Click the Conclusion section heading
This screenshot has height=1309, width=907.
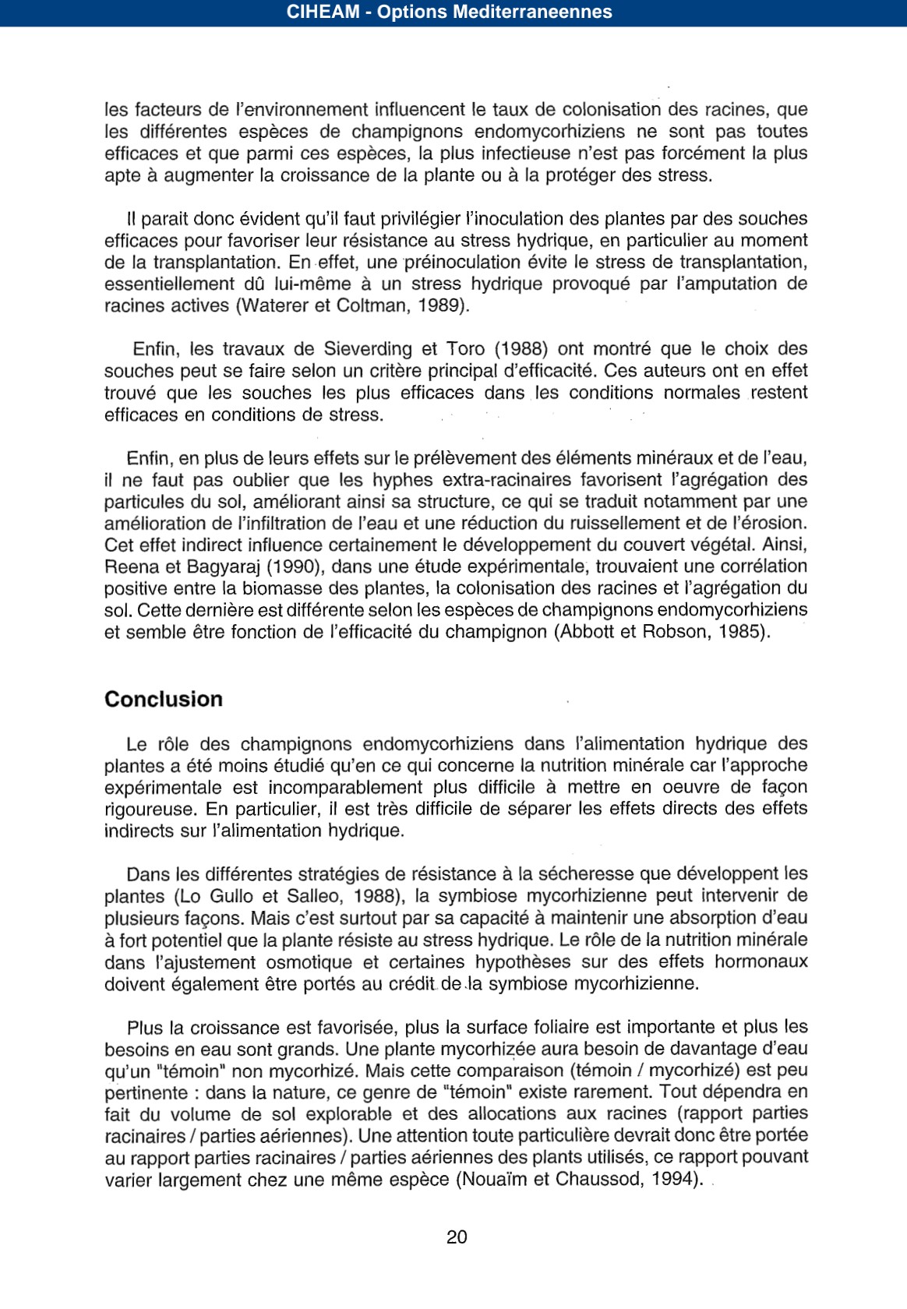tap(164, 699)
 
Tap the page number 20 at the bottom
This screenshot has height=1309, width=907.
tap(457, 1237)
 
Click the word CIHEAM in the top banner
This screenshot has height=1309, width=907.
tap(323, 12)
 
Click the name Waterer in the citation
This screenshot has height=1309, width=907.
tap(275, 305)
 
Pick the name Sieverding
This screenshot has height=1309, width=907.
tap(368, 349)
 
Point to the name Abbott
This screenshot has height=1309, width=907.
tap(587, 632)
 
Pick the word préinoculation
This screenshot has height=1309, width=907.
tap(453, 262)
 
